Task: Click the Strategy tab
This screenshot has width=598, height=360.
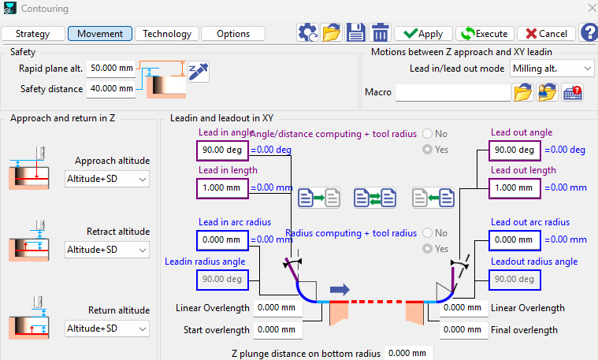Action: pos(32,34)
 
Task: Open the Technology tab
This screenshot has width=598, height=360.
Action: pos(167,34)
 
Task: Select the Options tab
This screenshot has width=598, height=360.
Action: pos(233,34)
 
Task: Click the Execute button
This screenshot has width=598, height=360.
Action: pos(484,34)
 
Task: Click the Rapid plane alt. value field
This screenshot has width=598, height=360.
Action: pos(110,69)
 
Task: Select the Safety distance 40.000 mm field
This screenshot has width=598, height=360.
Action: pos(110,88)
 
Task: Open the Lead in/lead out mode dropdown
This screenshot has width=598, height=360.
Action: pos(552,69)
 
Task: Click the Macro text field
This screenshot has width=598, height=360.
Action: pos(452,93)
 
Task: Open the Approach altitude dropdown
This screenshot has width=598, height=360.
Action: pos(107,180)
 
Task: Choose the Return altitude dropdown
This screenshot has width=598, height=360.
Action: pos(107,328)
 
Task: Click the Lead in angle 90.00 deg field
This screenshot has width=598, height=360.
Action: pos(221,150)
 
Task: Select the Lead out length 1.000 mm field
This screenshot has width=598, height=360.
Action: pos(514,188)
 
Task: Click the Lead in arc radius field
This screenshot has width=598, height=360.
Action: pos(221,239)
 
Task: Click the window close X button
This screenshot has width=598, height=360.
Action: pos(588,9)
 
